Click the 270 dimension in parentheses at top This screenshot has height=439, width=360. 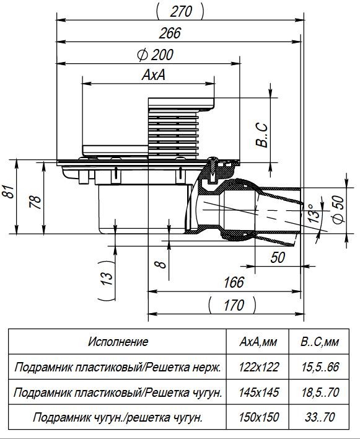tap(180, 12)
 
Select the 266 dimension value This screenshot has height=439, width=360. tap(170, 33)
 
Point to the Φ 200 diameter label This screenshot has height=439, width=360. tap(156, 55)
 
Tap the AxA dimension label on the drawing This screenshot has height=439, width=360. tap(154, 75)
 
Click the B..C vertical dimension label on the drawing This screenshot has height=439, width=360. tap(262, 135)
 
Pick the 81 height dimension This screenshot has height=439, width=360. tap(9, 192)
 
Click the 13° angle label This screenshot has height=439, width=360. tap(315, 213)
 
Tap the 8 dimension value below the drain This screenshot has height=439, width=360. tap(161, 264)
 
